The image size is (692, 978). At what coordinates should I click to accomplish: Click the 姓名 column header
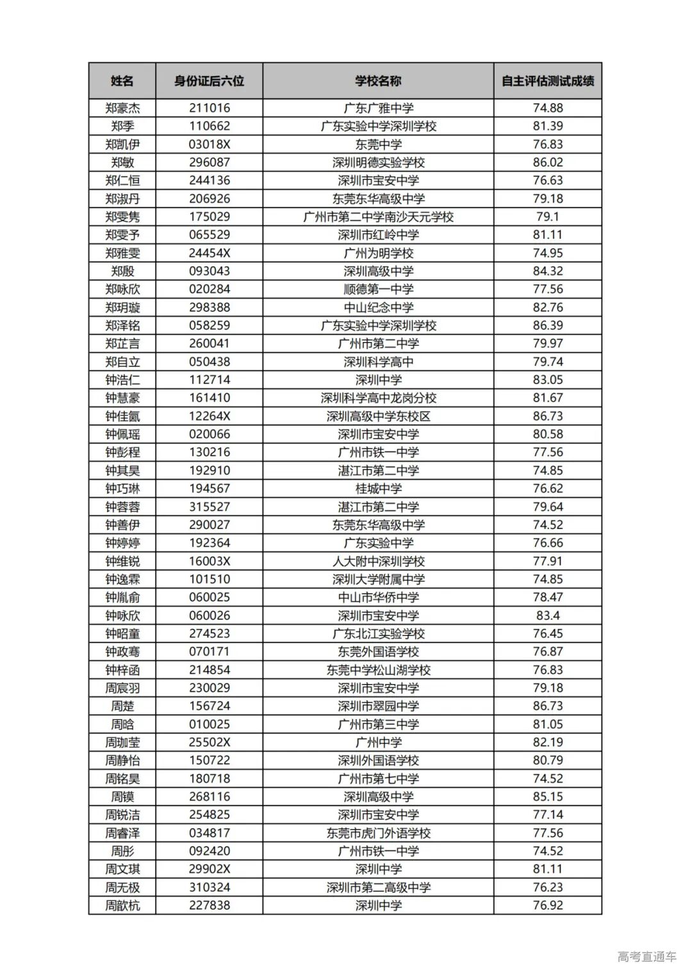click(x=122, y=81)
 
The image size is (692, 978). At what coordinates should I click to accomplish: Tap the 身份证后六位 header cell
click(x=209, y=81)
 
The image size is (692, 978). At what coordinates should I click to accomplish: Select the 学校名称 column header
click(x=378, y=81)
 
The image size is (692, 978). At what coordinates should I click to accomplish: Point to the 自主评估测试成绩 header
click(x=547, y=81)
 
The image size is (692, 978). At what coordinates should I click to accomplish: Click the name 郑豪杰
click(x=122, y=108)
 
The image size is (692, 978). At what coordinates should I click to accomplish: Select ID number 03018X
click(x=209, y=144)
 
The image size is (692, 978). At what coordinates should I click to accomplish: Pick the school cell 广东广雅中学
click(x=378, y=108)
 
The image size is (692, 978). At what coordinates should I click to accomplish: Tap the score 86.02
click(x=547, y=162)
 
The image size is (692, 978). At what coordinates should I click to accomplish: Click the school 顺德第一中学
click(x=378, y=289)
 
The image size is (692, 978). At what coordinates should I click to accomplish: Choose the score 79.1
click(x=547, y=216)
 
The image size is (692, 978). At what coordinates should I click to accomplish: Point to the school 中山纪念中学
click(x=378, y=307)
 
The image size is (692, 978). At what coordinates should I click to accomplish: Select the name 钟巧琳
click(x=122, y=488)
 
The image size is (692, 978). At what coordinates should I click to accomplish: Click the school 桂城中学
click(x=378, y=488)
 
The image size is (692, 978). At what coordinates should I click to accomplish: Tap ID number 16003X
click(x=209, y=561)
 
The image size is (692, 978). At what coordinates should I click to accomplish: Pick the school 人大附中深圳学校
click(x=378, y=561)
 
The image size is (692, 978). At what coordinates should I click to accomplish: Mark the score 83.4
click(x=547, y=615)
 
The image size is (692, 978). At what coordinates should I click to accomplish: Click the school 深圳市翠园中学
click(x=378, y=706)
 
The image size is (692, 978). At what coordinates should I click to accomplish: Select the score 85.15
click(x=547, y=797)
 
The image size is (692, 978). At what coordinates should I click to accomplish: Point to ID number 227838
click(x=209, y=905)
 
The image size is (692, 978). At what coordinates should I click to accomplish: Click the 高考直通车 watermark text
click(x=647, y=957)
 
